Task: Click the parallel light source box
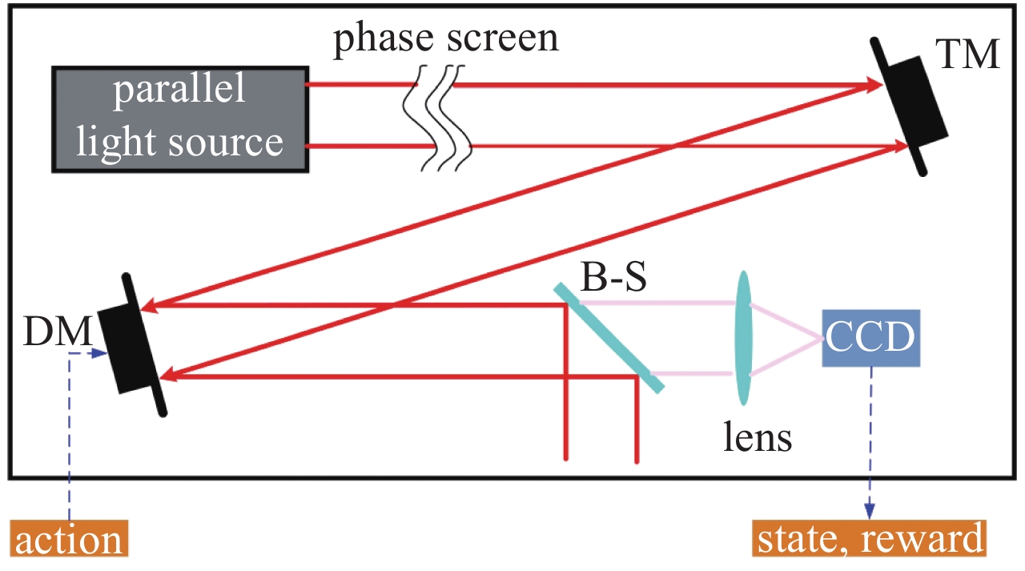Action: coord(180,118)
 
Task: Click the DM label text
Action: coord(56,331)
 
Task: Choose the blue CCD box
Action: coord(870,339)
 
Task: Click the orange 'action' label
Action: coord(70,540)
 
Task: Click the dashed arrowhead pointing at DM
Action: coord(99,353)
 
